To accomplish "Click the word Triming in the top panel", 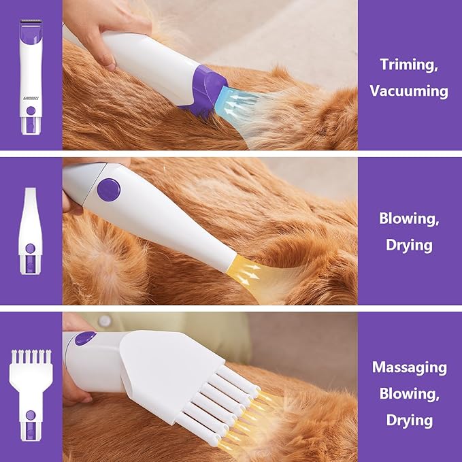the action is pos(409,64).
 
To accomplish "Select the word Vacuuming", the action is pos(409,90).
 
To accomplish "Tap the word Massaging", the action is pos(409,368).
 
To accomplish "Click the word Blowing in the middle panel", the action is pos(409,218).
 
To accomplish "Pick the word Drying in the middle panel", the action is pos(409,245).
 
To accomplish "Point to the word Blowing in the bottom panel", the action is pos(409,394).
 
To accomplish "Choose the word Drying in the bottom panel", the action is pos(409,420).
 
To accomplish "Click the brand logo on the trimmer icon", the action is pos(31,99).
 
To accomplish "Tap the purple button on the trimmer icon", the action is pos(31,111).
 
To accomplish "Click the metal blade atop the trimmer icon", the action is pos(31,21).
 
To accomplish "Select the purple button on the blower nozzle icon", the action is pos(31,248).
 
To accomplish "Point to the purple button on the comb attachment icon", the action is pos(31,416).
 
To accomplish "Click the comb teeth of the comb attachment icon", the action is pos(31,357).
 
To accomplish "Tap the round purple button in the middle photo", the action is pos(109,190).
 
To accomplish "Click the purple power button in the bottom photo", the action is pos(85,338).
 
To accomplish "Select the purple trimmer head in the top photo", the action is pos(204,90).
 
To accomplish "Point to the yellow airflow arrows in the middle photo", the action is pos(248,274).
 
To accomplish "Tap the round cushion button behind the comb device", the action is pos(105,321).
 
